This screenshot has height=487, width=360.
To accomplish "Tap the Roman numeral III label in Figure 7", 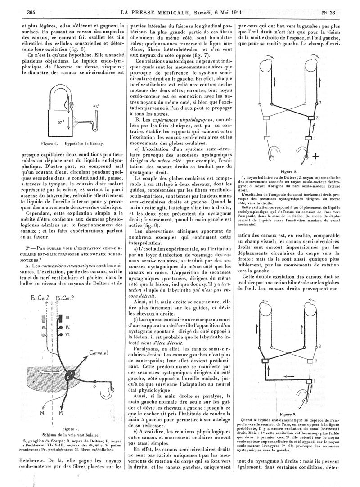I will click(x=66, y=318).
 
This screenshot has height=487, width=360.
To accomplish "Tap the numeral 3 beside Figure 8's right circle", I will click(x=320, y=103).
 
